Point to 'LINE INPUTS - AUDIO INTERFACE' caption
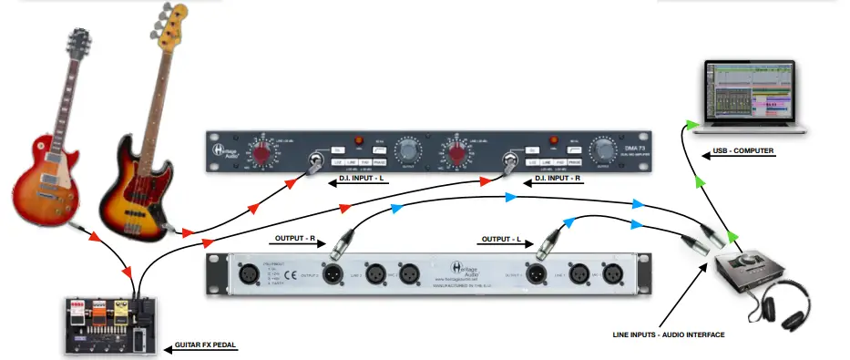669,335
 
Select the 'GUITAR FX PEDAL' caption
203,347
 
